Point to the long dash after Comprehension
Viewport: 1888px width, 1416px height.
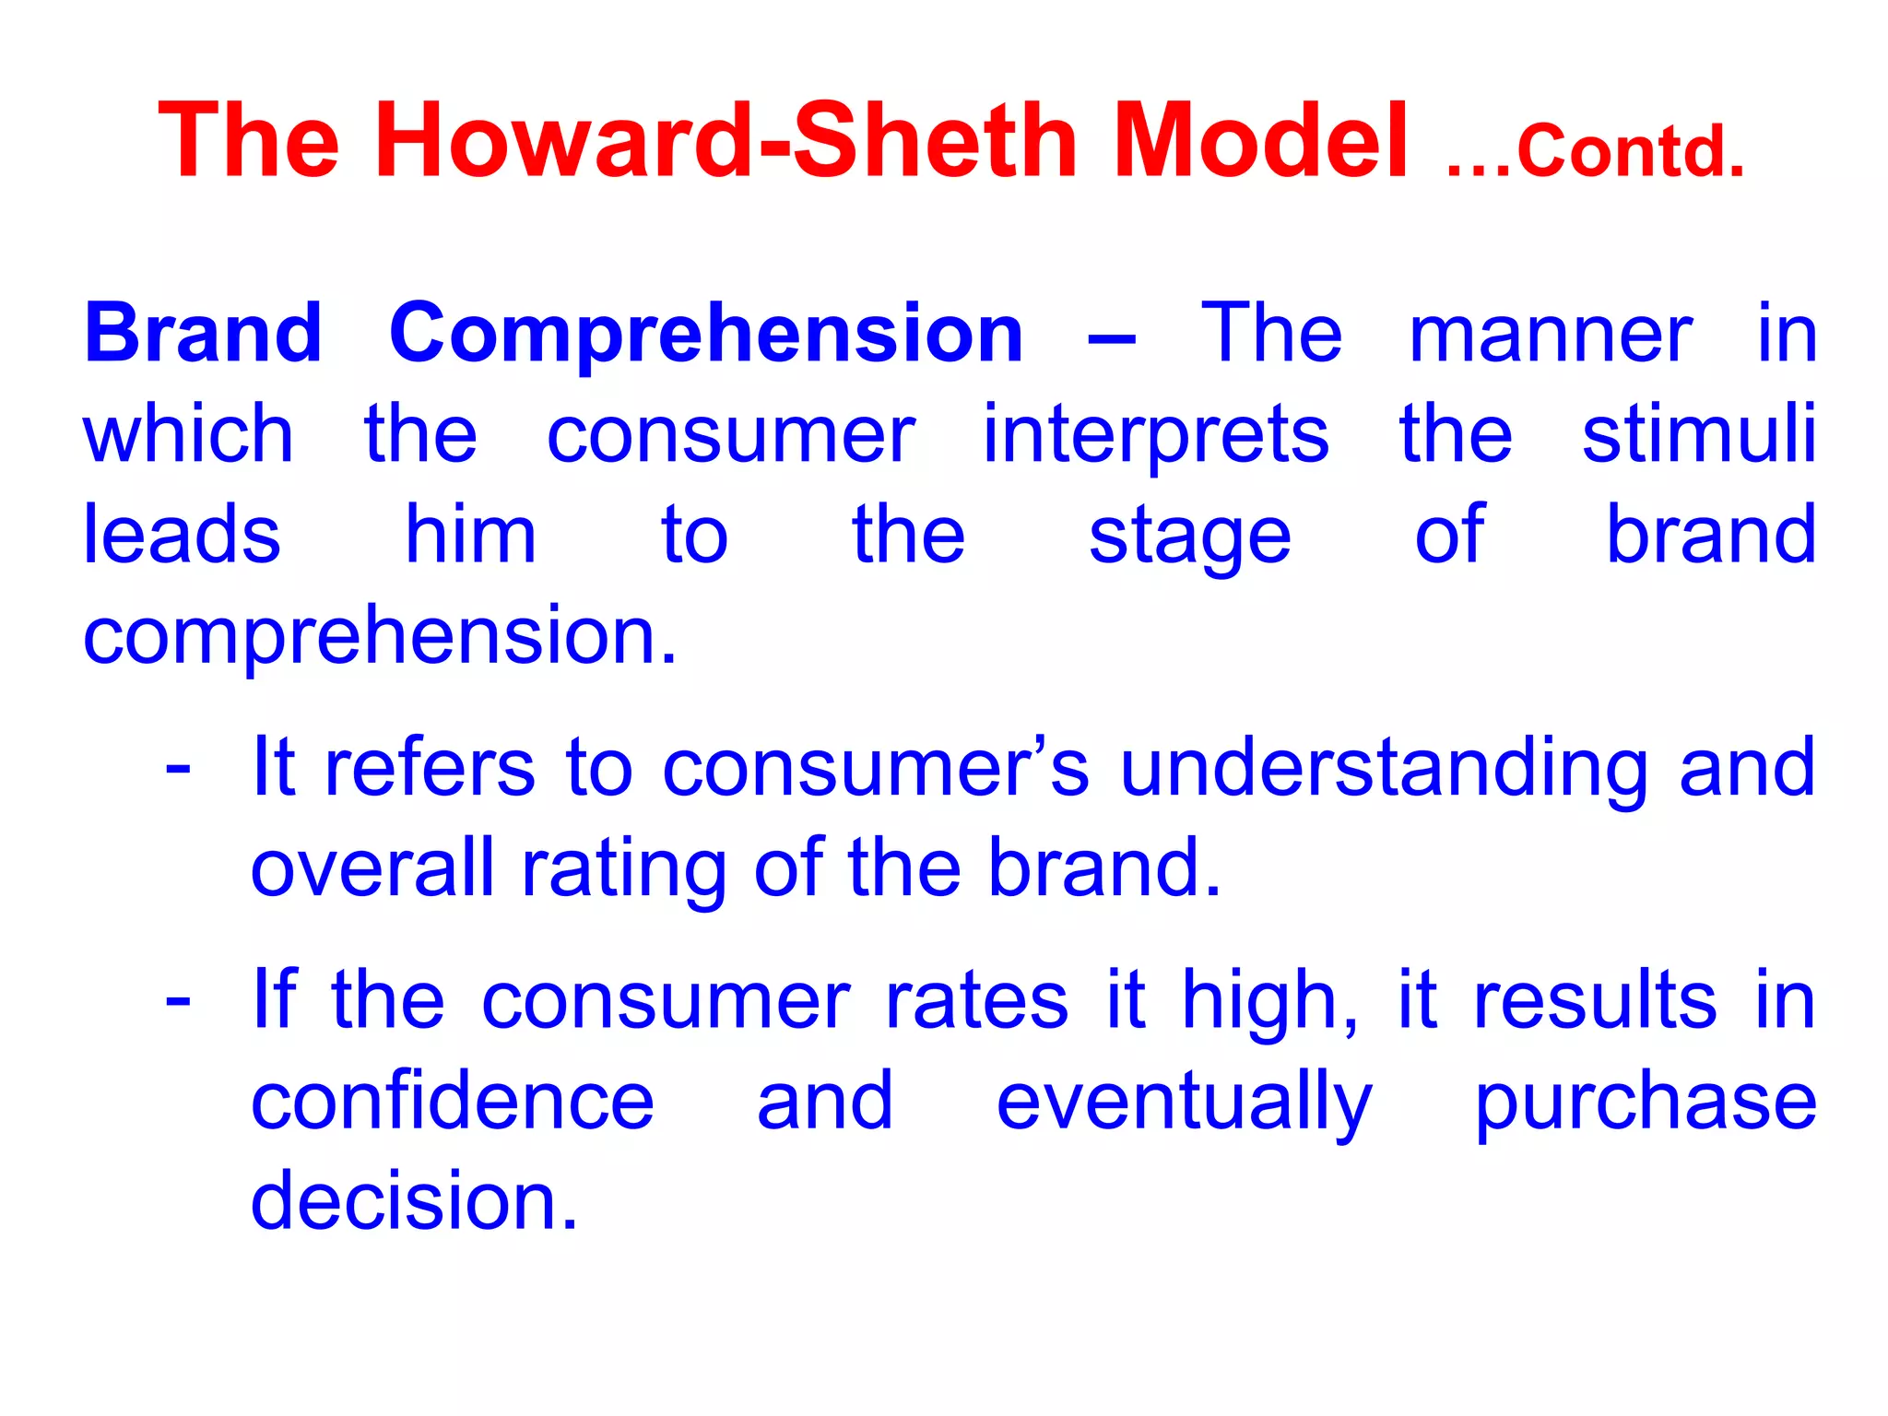tap(1111, 337)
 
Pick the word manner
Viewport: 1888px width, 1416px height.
tap(1551, 334)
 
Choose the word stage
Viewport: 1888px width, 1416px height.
tap(1189, 539)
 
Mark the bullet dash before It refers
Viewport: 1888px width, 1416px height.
tap(178, 768)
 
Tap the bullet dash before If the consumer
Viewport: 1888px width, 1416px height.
tap(178, 1000)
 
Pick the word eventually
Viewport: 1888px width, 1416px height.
tap(1185, 1105)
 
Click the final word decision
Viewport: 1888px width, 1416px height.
tap(414, 1202)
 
